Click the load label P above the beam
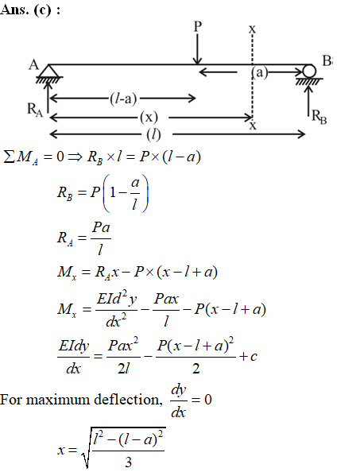[197, 26]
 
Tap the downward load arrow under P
[197, 49]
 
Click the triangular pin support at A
[49, 71]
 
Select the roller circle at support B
[309, 72]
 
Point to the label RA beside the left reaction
[35, 110]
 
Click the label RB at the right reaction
[319, 117]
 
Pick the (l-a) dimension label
[123, 99]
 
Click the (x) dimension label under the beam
[149, 117]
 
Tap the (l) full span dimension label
[153, 134]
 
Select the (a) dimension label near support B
[259, 72]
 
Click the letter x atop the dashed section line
[252, 29]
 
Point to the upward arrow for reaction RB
[309, 100]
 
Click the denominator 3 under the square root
[129, 462]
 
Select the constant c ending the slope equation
[254, 357]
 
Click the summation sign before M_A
[9, 157]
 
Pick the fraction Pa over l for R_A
[101, 238]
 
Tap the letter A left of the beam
[34, 64]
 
